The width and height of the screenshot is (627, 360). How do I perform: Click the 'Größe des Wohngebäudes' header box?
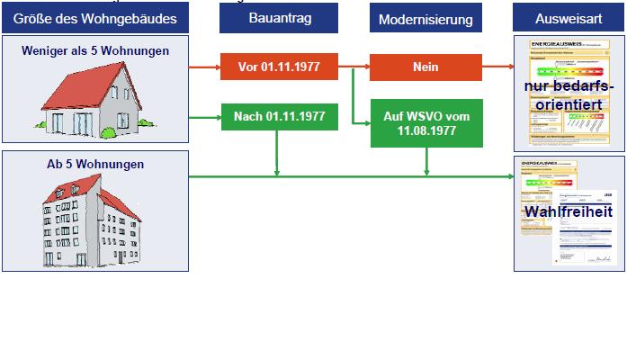pos(94,17)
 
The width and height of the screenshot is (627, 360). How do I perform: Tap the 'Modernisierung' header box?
pos(425,18)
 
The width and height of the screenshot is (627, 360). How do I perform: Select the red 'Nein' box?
pos(425,67)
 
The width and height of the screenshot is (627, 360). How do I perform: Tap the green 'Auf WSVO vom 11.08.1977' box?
pos(426,123)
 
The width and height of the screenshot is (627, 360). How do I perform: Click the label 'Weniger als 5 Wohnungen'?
pos(95,51)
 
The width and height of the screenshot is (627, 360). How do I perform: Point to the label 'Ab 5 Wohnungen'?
pos(95,165)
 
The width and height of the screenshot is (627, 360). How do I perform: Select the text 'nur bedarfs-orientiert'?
pos(569,94)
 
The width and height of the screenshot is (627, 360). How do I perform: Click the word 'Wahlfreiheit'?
pos(569,212)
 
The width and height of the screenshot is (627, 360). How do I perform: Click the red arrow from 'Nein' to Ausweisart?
pos(499,67)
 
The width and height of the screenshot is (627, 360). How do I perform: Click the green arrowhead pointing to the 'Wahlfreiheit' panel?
pos(508,176)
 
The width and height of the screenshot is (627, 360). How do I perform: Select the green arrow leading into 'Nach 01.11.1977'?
pos(205,116)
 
